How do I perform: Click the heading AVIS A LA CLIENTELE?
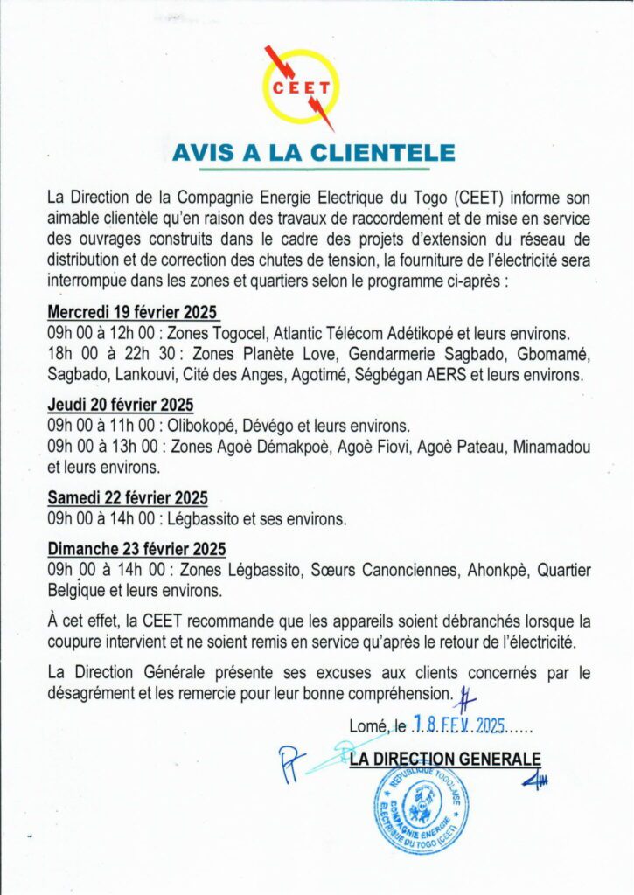point(314,153)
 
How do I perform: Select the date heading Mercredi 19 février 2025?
point(132,313)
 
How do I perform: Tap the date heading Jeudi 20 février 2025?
point(121,406)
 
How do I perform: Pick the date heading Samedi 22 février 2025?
point(128,498)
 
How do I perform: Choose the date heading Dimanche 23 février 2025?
point(136,549)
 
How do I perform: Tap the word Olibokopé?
point(207,426)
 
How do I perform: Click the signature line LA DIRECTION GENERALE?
point(445,760)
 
